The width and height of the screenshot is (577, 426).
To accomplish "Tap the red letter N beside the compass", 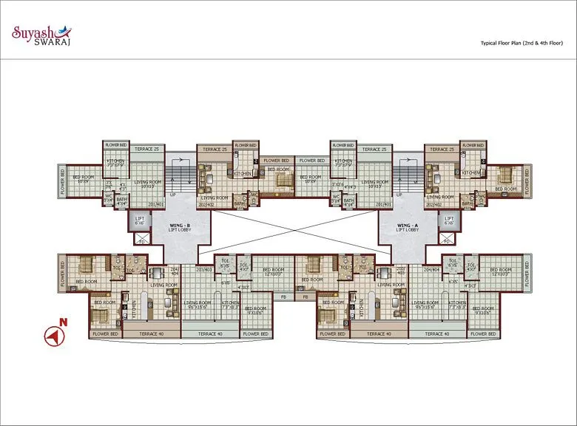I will pyautogui.click(x=64, y=322).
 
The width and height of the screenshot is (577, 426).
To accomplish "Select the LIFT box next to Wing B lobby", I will pyautogui.click(x=141, y=220).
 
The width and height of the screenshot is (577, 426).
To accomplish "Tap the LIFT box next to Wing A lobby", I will pyautogui.click(x=448, y=220).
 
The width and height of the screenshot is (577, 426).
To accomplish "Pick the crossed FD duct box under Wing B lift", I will pyautogui.click(x=141, y=238).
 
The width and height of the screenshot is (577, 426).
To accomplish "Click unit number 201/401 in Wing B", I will pyautogui.click(x=155, y=205).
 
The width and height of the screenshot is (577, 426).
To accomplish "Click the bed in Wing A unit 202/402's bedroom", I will pyautogui.click(x=505, y=175).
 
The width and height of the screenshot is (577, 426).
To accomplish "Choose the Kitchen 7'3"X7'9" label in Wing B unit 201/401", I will pyautogui.click(x=116, y=163).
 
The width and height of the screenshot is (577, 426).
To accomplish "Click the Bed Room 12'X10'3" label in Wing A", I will pyautogui.click(x=501, y=271).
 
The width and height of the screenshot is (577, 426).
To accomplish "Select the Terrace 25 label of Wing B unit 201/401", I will pyautogui.click(x=146, y=149).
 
